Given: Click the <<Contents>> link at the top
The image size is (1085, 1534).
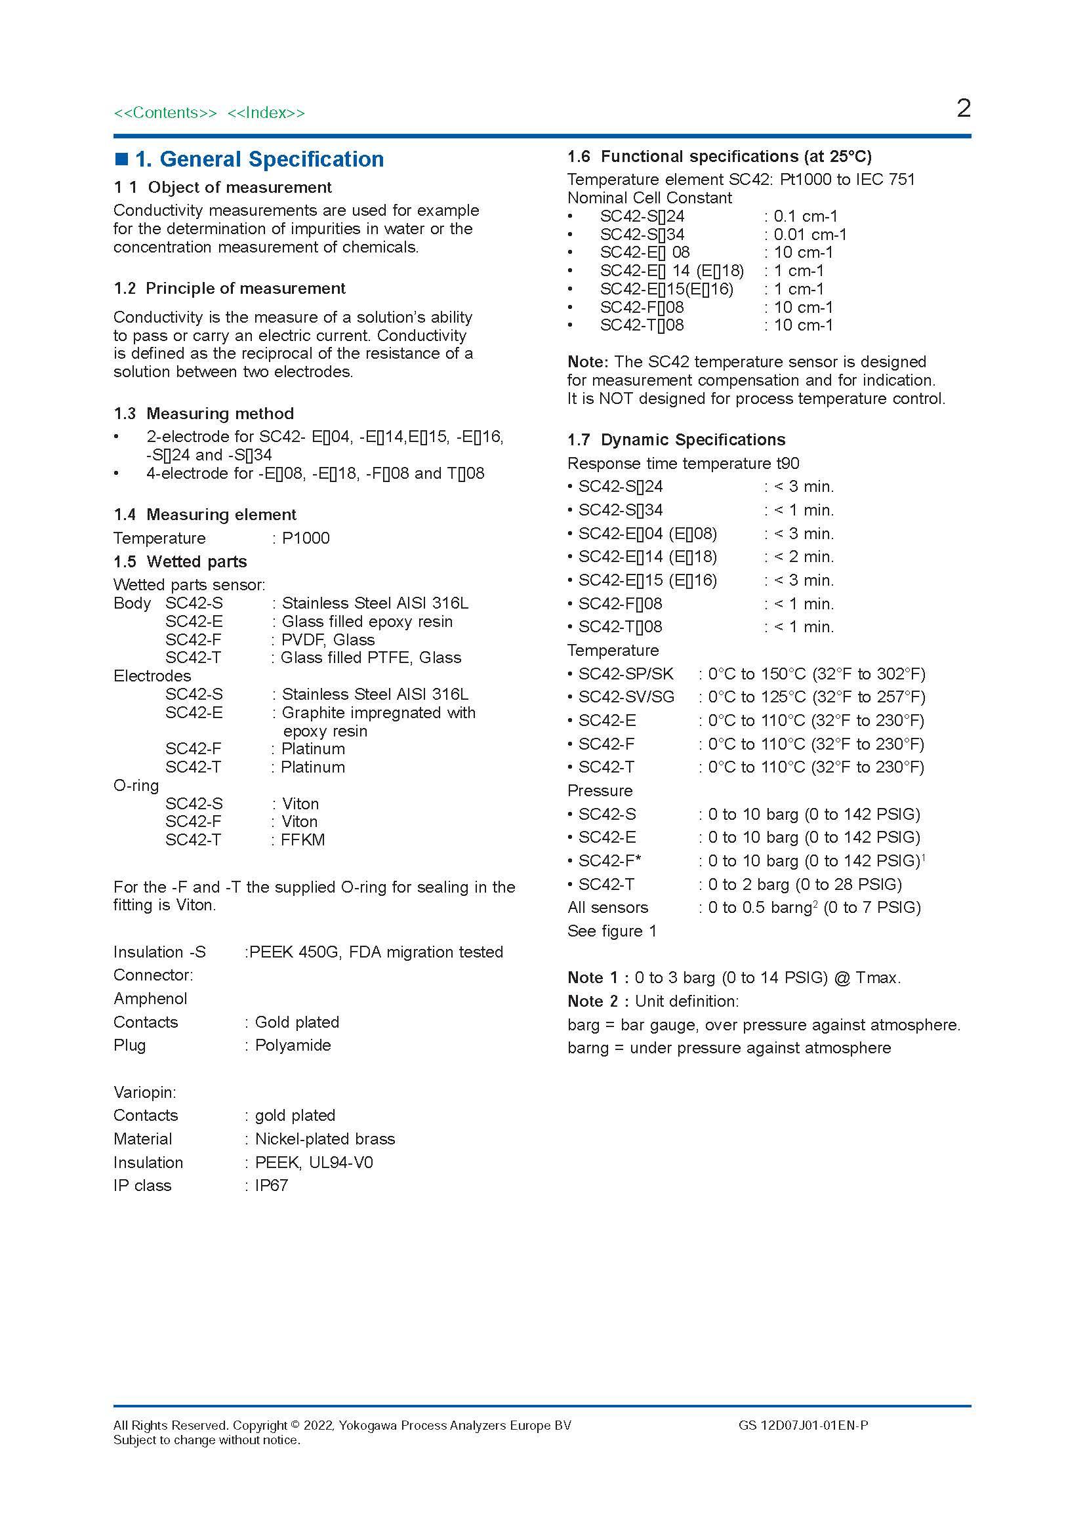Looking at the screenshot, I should coord(165,113).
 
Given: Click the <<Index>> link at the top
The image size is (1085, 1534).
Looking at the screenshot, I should coord(266,113).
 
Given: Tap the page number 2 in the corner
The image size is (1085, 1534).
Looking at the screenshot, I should coord(963,108).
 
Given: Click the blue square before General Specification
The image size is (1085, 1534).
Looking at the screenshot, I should coord(121,159).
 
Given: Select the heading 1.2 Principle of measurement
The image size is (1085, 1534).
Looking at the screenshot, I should coord(229,289).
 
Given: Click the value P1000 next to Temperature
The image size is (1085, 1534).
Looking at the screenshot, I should coord(305,538).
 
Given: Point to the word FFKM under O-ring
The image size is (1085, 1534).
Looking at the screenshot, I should coord(302,840).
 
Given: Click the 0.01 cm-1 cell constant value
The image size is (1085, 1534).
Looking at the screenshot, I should coord(809,235).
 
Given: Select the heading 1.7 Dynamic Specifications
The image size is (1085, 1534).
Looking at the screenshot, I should coord(676,439).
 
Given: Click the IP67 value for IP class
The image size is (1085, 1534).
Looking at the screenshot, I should coord(272,1185).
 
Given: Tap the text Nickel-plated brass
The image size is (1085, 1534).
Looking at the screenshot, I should coord(325,1139).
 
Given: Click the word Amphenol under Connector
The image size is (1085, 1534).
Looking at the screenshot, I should coord(150,998).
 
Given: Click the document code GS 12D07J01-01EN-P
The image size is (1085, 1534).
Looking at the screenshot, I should coord(803,1425).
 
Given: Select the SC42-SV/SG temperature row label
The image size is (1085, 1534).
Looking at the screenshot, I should coord(626,697).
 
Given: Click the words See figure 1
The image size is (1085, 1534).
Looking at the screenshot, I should coord(612,931).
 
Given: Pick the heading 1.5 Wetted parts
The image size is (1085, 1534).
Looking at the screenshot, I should coord(180,561).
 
